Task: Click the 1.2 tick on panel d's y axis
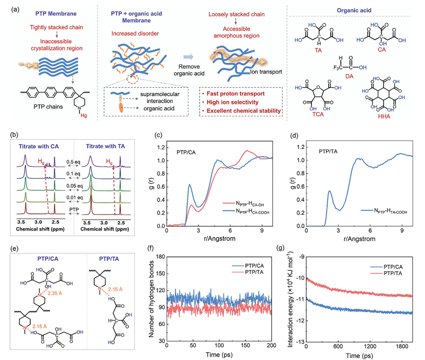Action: coord(299,149)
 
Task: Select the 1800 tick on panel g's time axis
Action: coord(404,346)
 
